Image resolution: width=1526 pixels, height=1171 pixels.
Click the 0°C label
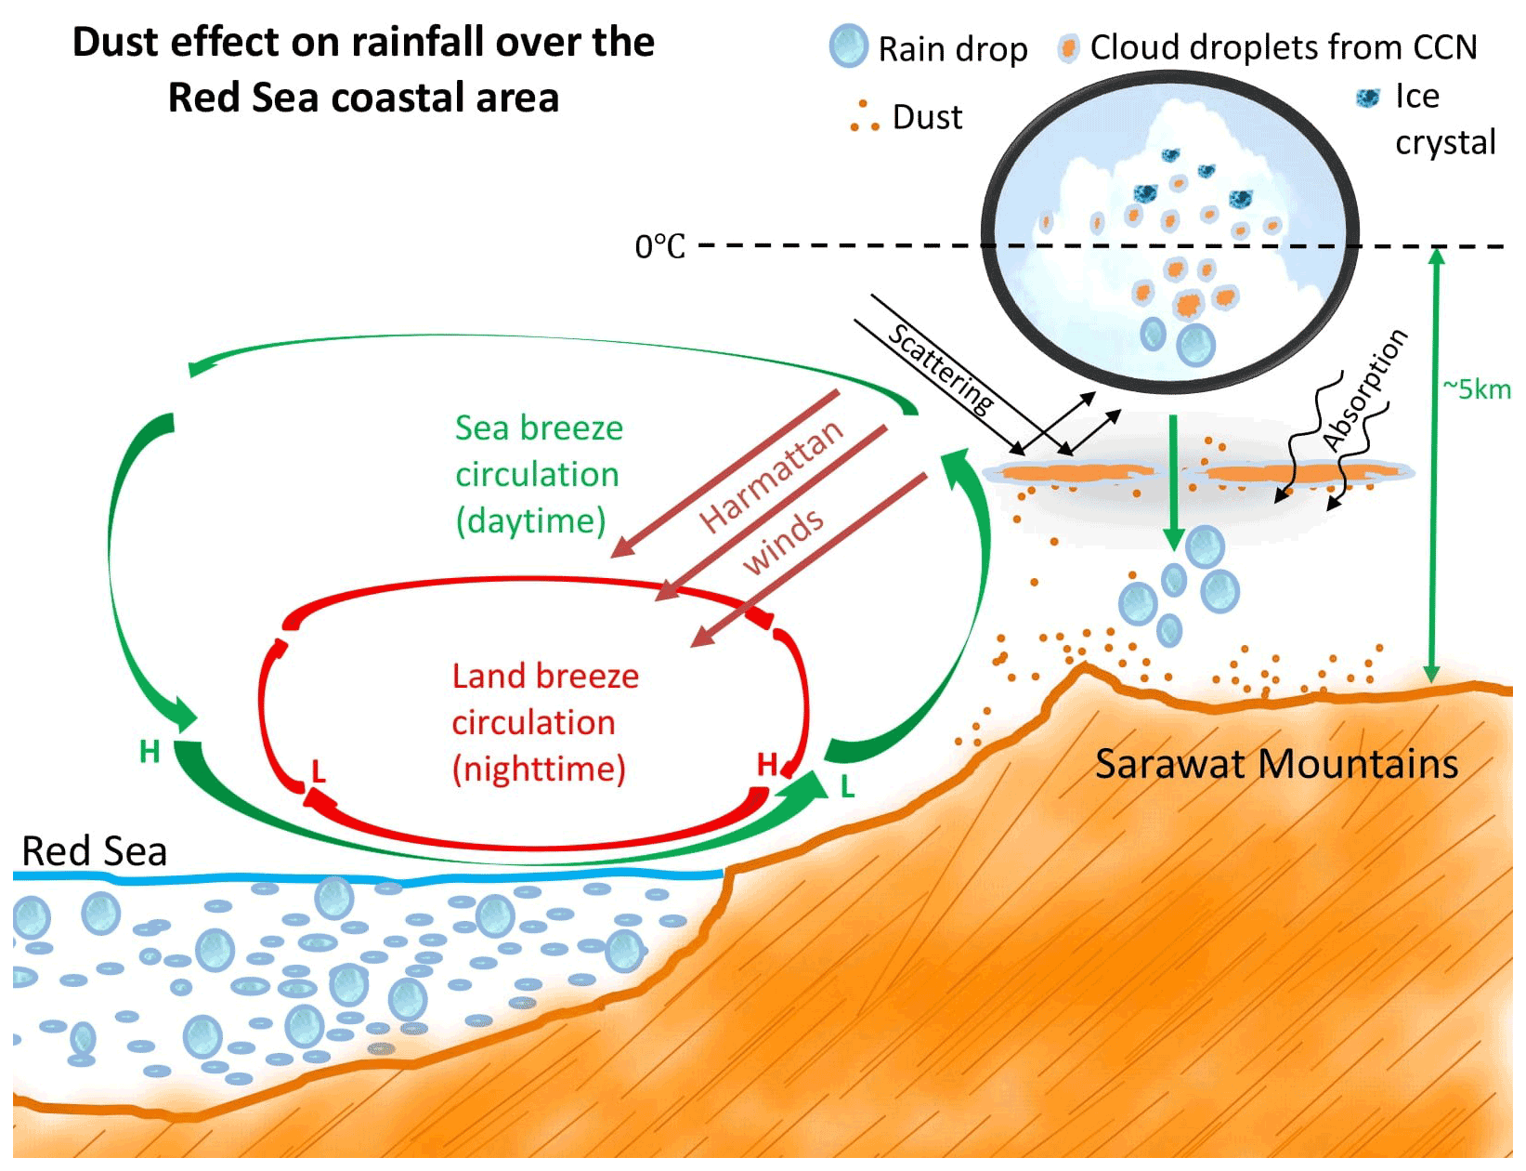pyautogui.click(x=659, y=247)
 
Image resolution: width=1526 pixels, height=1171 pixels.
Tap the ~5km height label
pyautogui.click(x=1477, y=389)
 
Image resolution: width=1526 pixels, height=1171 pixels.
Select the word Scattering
pyautogui.click(x=941, y=368)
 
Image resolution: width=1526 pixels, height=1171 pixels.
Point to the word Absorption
pyautogui.click(x=1364, y=389)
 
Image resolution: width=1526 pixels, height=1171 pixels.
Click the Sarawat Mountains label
pyautogui.click(x=1276, y=765)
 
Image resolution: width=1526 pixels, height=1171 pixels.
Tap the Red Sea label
pyautogui.click(x=94, y=851)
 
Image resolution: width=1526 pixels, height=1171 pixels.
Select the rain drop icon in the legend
pyautogui.click(x=847, y=46)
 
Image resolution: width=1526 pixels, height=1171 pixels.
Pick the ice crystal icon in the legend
pyautogui.click(x=1367, y=98)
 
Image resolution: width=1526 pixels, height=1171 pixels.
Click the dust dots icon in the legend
pyautogui.click(x=864, y=116)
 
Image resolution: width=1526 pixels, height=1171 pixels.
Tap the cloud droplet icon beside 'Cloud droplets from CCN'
pyautogui.click(x=1068, y=48)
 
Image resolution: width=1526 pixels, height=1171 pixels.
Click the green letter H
pyautogui.click(x=150, y=751)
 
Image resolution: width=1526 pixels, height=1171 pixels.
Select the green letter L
pyautogui.click(x=847, y=787)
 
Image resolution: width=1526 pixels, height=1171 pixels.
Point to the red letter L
pyautogui.click(x=319, y=771)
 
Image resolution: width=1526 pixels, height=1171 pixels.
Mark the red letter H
pyautogui.click(x=766, y=765)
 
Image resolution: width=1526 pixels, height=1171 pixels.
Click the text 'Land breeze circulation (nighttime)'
pyautogui.click(x=544, y=723)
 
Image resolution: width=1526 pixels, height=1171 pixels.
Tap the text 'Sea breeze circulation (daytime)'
pyautogui.click(x=539, y=475)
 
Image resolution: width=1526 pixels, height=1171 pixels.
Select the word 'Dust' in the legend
pyautogui.click(x=927, y=118)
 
